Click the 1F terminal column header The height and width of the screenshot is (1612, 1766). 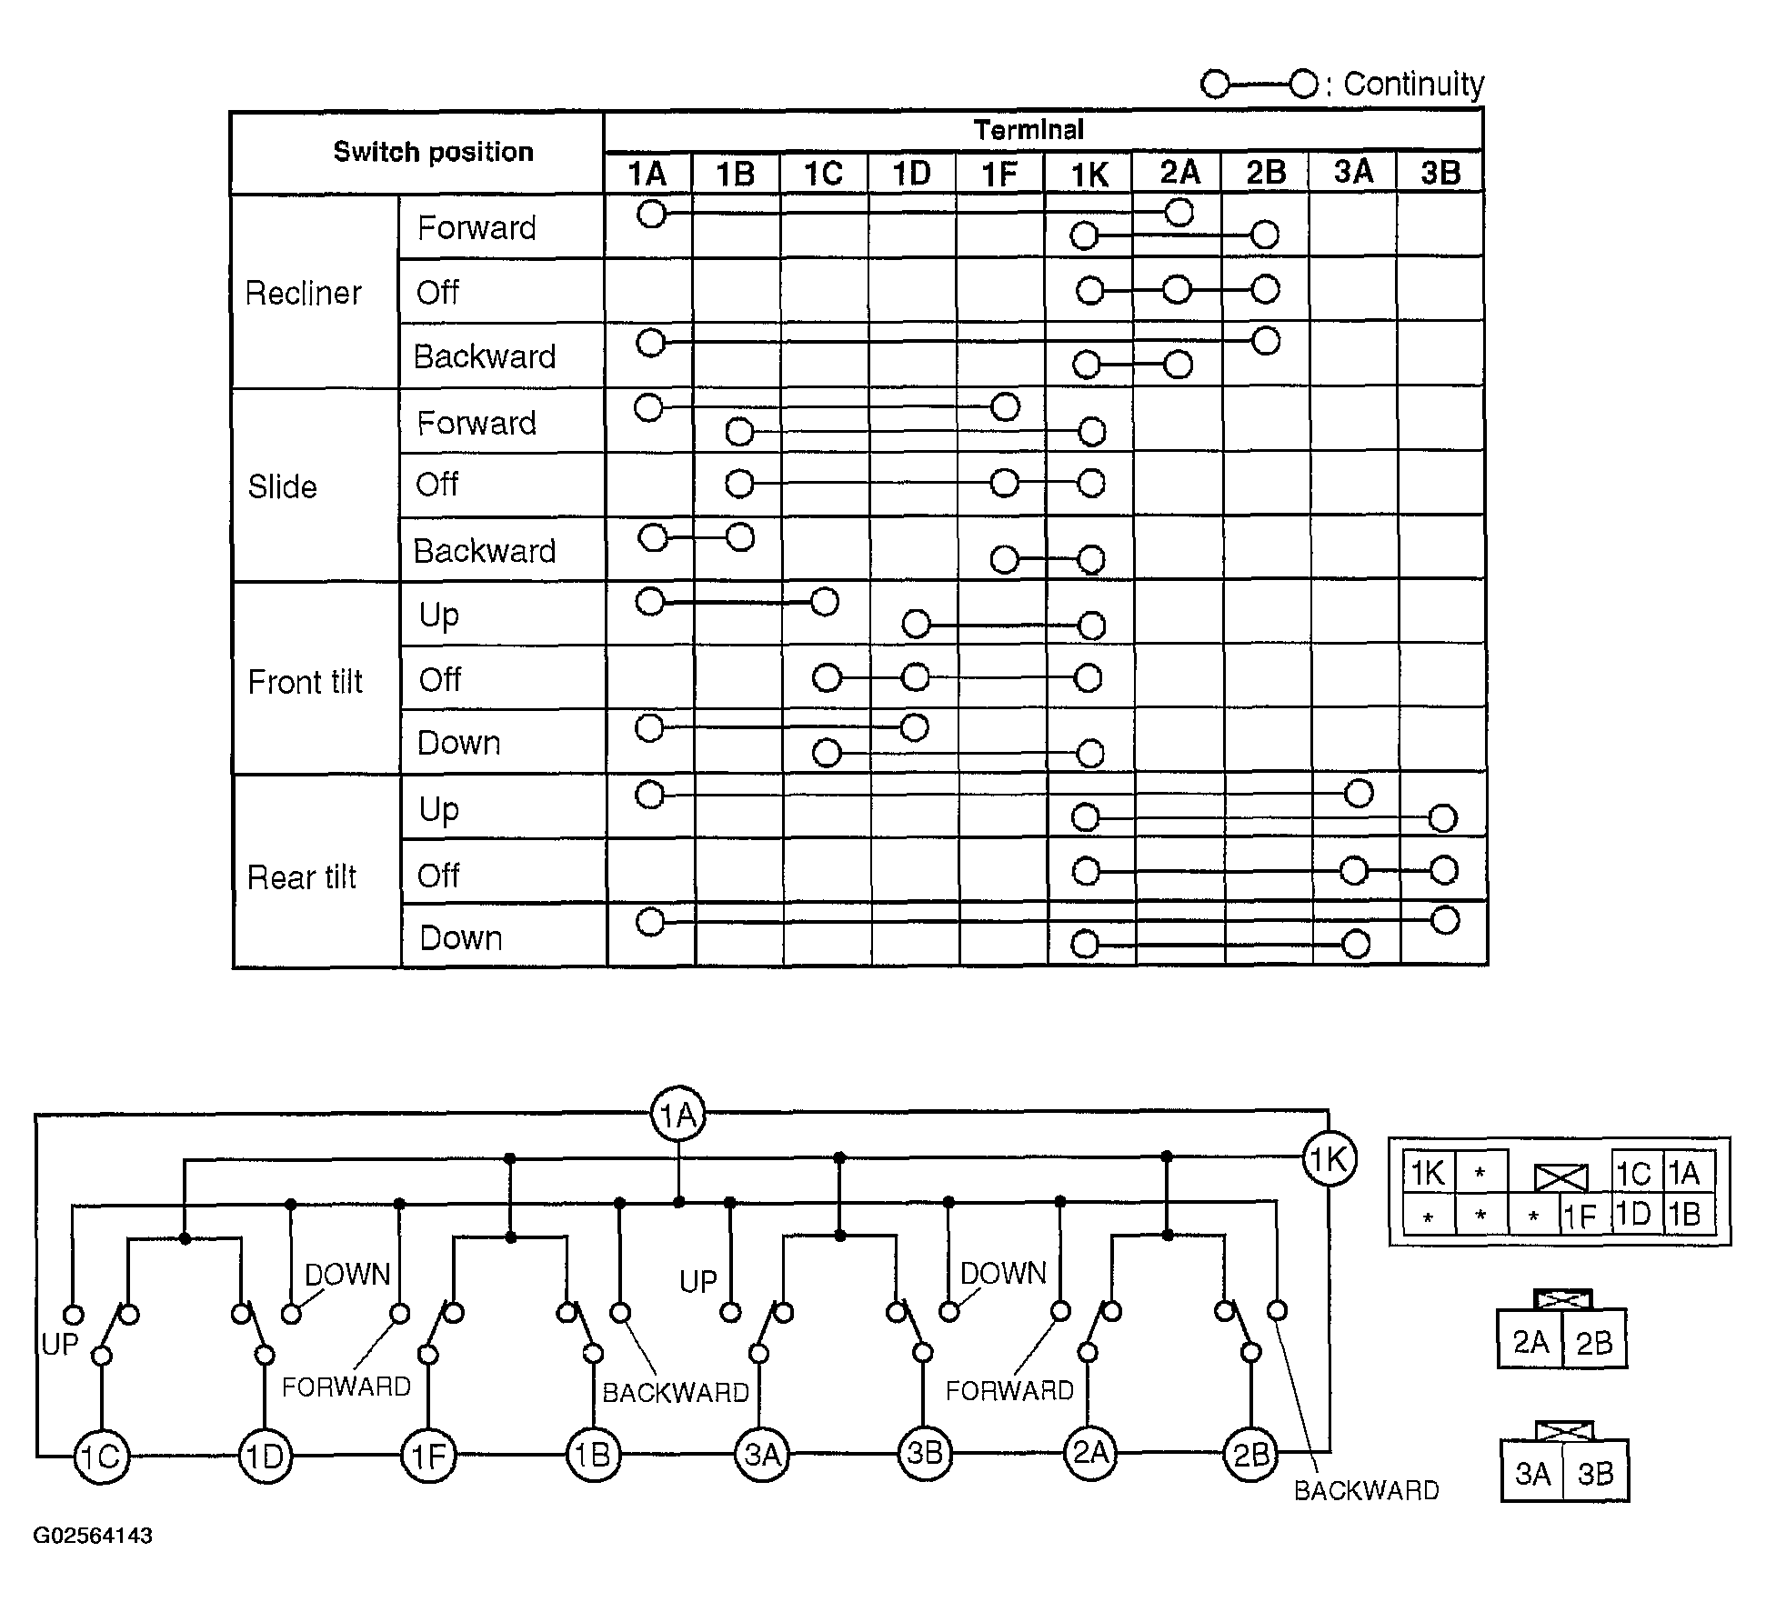tap(999, 174)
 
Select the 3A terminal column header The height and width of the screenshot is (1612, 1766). tap(1353, 172)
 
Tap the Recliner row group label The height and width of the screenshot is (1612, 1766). tap(304, 293)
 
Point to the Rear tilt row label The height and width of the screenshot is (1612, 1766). tap(302, 877)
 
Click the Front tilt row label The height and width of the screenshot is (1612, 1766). tap(305, 682)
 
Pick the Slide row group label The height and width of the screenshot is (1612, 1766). tap(282, 487)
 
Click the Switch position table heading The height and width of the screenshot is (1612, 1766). tap(433, 152)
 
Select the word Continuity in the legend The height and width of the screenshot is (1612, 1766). tap(1413, 84)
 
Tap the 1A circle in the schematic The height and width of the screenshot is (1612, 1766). tap(678, 1115)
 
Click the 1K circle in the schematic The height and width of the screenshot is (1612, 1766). tap(1330, 1159)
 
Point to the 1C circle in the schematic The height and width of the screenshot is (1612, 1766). tap(101, 1457)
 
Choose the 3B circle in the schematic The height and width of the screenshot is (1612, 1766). tap(925, 1453)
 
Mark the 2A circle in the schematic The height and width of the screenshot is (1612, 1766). tap(1090, 1453)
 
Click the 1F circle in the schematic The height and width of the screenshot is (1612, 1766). tap(428, 1457)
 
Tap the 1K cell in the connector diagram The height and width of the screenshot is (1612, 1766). tap(1428, 1173)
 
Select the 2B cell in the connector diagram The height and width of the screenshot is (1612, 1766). tap(1593, 1343)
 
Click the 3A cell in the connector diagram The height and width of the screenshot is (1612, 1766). tap(1532, 1473)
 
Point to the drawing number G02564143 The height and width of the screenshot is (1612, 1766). tap(93, 1536)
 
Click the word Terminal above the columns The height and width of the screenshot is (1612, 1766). tap(1028, 130)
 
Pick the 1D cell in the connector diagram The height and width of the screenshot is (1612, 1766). tap(1633, 1215)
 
